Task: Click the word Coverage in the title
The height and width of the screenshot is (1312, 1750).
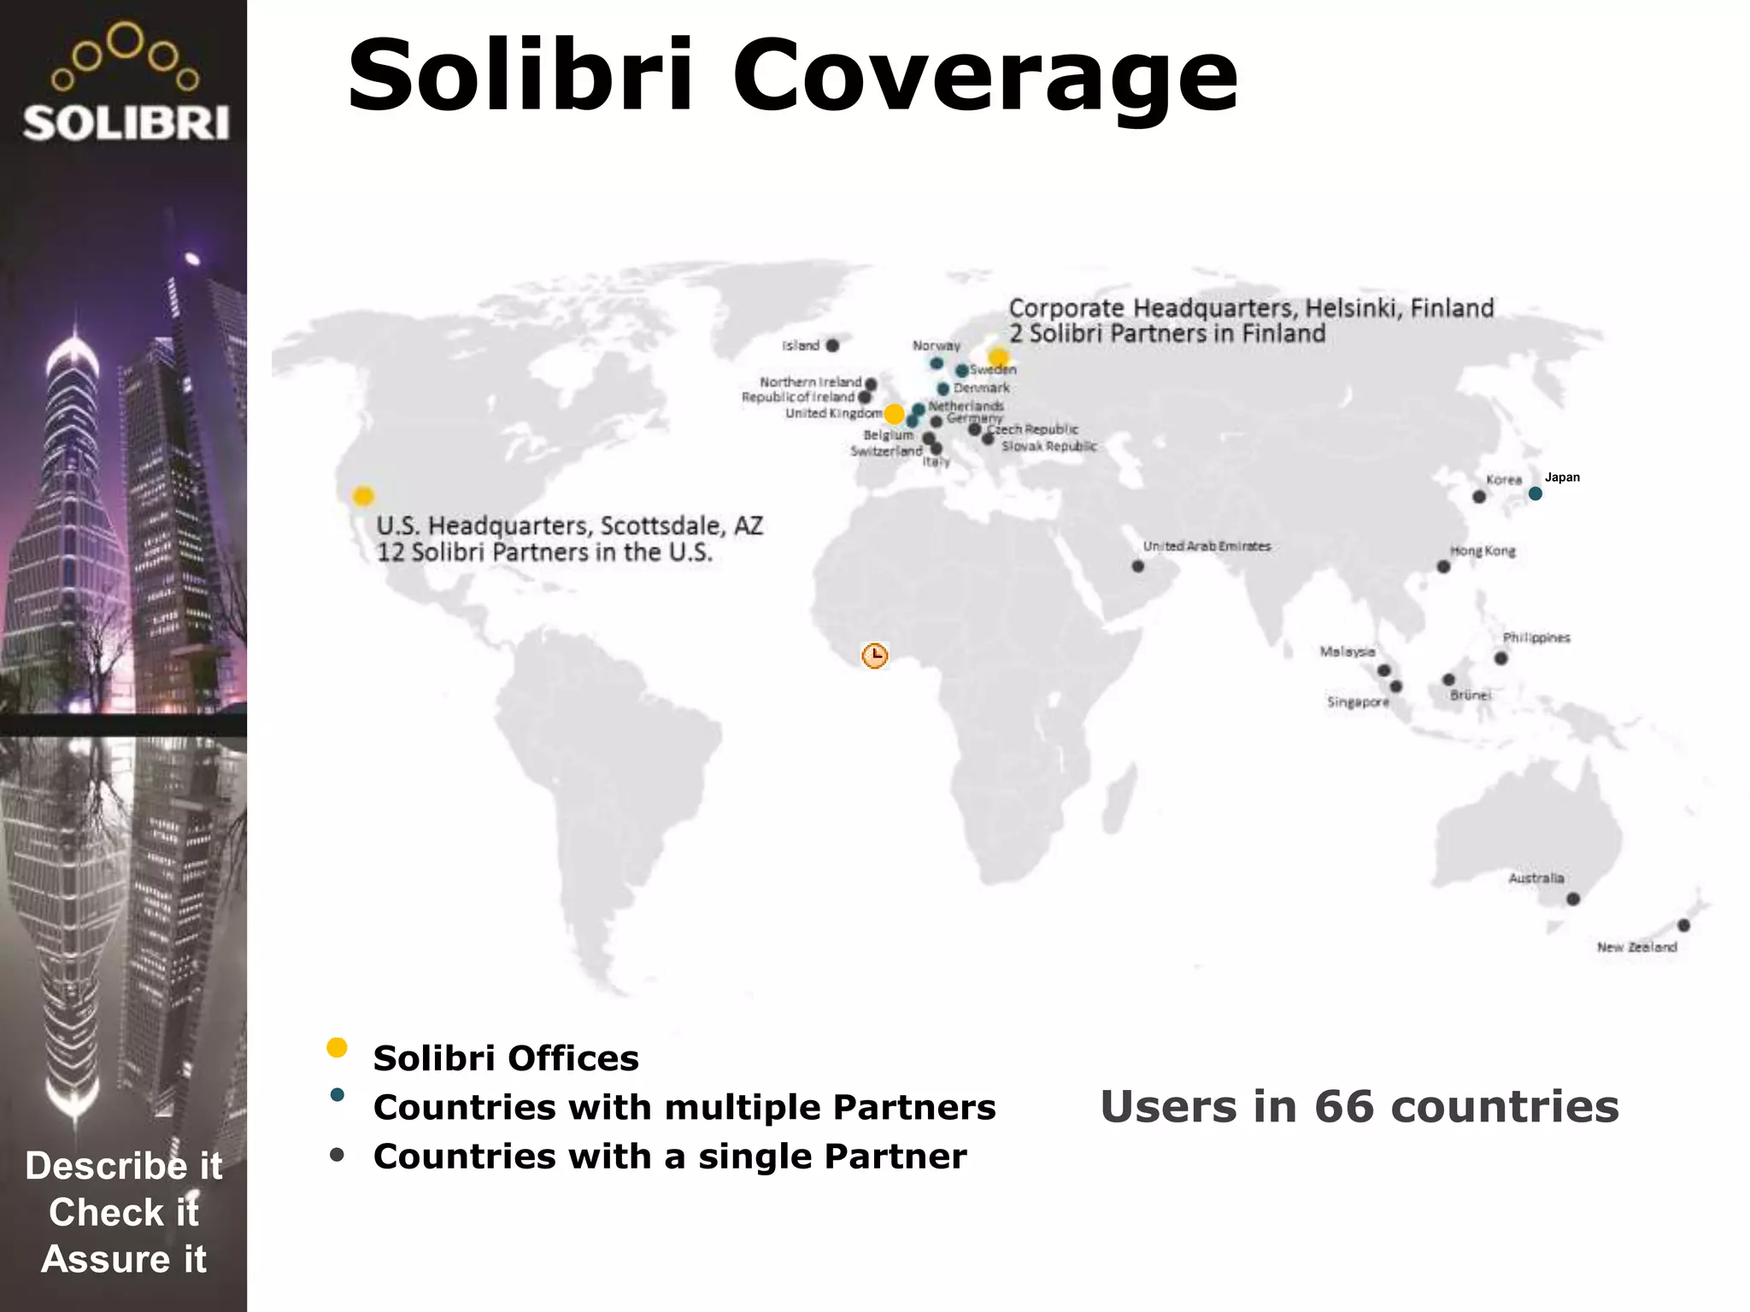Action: click(984, 77)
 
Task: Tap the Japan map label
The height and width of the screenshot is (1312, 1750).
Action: click(1562, 477)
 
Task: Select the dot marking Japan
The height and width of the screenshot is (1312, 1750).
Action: click(1536, 494)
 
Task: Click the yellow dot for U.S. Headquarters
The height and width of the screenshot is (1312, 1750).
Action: click(363, 495)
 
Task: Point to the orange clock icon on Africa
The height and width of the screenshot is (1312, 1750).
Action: click(874, 655)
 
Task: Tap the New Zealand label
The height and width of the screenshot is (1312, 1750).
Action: click(1636, 947)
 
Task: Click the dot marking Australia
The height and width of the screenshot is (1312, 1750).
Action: click(1573, 899)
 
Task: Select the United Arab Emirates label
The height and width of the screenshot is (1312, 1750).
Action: click(1207, 547)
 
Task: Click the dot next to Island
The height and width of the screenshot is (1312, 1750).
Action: click(832, 345)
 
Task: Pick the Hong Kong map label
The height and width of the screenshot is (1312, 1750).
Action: click(1483, 551)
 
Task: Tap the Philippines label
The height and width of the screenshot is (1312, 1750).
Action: click(1536, 638)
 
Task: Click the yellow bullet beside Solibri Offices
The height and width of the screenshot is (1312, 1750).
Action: click(337, 1048)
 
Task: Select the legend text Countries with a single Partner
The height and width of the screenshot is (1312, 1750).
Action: click(670, 1157)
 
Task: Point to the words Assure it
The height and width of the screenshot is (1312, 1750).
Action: click(124, 1259)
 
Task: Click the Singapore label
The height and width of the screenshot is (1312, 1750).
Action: click(1358, 702)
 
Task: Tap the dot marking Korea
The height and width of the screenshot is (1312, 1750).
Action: click(1479, 496)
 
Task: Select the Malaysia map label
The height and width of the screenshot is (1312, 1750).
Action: click(1348, 652)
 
